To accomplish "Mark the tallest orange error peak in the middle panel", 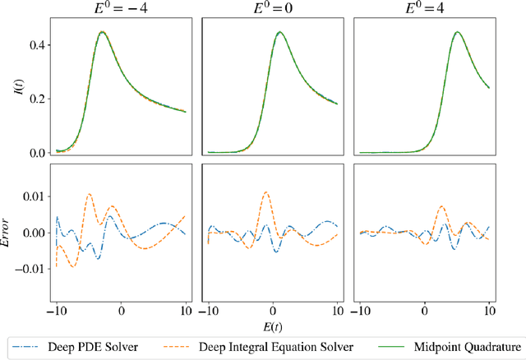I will (265, 192).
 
